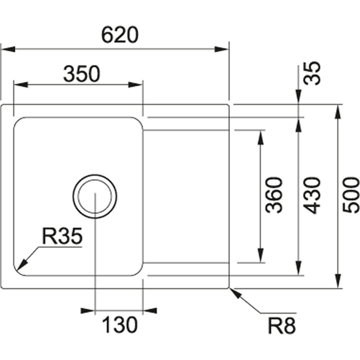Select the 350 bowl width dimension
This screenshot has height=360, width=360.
click(81, 74)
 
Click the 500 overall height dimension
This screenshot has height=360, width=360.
click(351, 195)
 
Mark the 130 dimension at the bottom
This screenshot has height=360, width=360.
click(119, 324)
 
